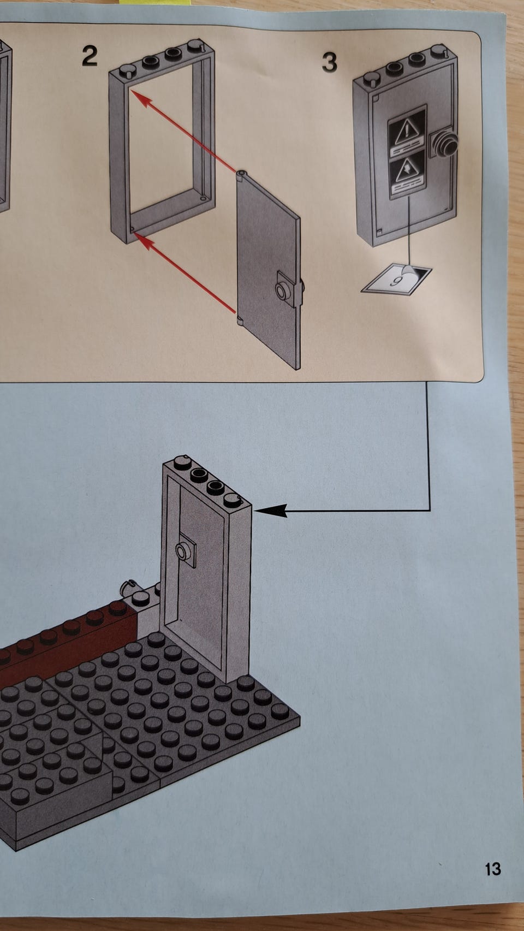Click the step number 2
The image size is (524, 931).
point(90,56)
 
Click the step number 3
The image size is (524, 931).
point(330,62)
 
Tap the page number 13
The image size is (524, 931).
point(493,869)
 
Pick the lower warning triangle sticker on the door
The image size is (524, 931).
point(407,170)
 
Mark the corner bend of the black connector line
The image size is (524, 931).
point(430,511)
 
